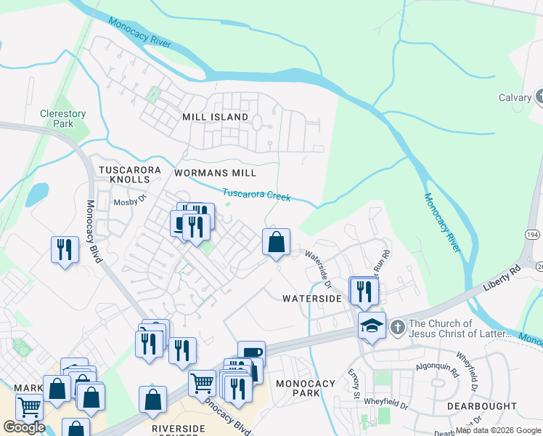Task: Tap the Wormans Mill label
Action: (215, 174)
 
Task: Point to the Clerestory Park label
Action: (63, 118)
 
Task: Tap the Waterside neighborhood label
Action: (311, 299)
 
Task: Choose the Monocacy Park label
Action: (306, 388)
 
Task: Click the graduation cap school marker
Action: (372, 326)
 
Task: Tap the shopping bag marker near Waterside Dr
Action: (276, 242)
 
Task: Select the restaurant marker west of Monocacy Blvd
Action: (65, 250)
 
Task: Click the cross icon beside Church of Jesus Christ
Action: (397, 328)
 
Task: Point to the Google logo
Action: (24, 427)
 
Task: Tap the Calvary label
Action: (515, 98)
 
